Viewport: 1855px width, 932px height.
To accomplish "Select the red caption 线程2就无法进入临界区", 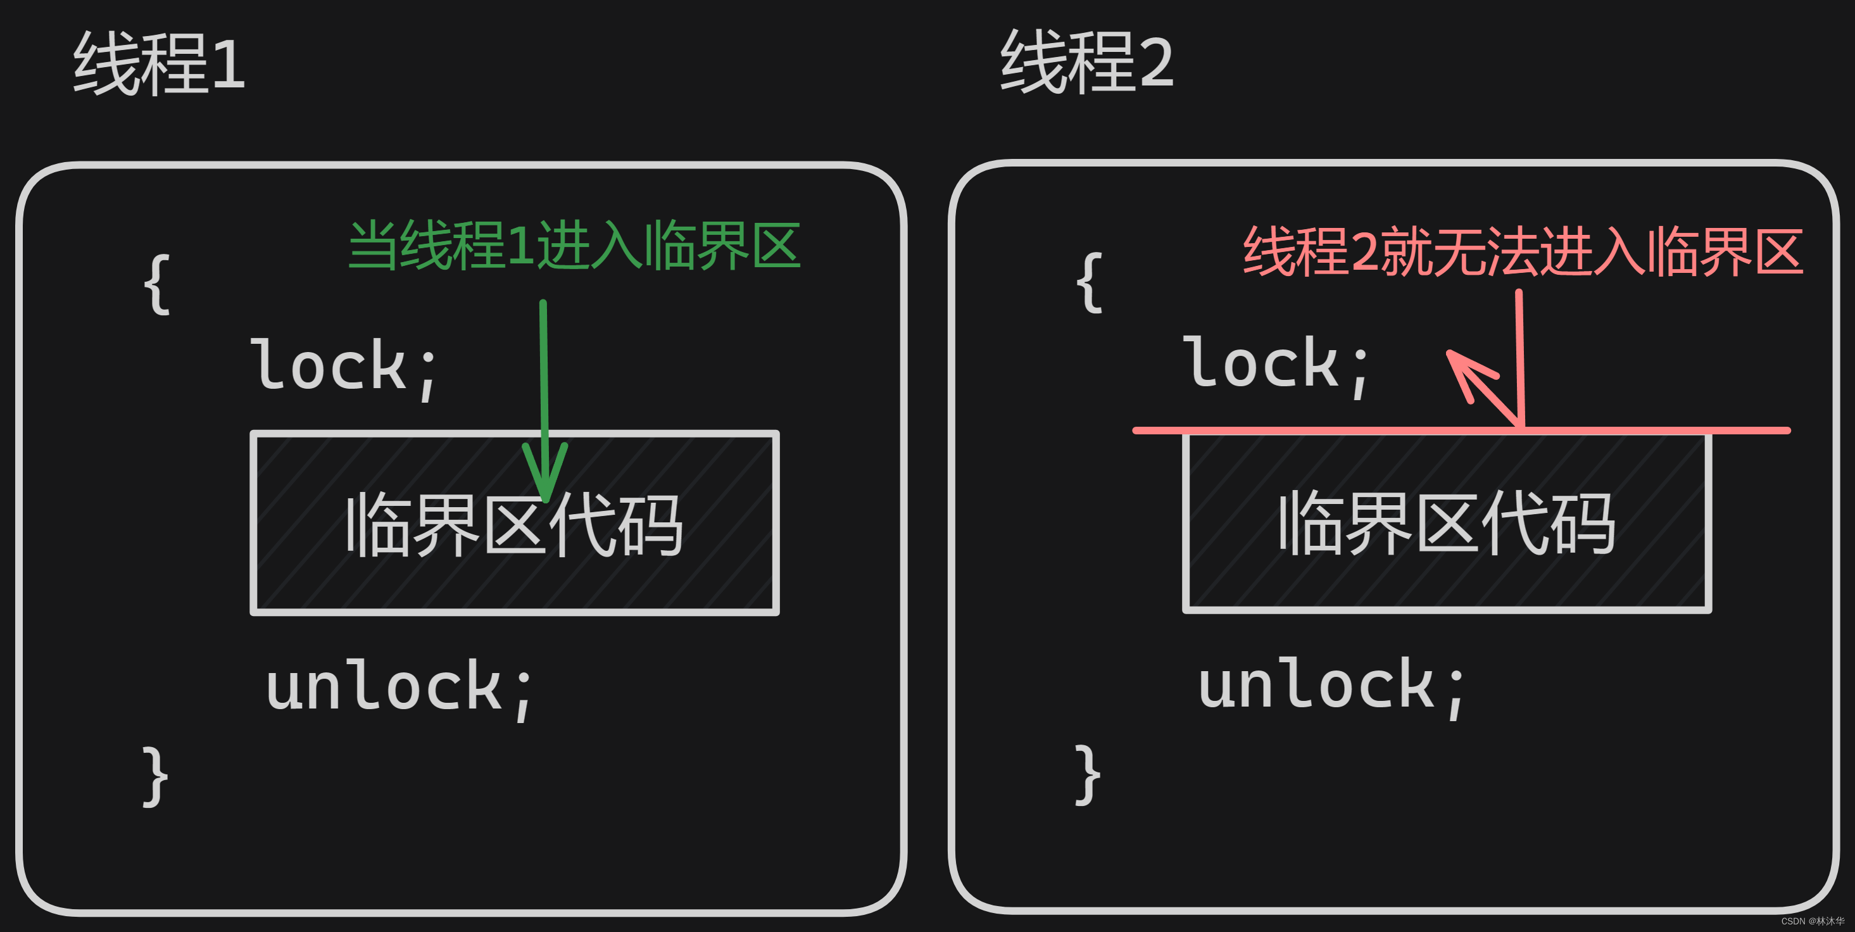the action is (1523, 251).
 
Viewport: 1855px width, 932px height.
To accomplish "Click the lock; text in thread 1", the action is (344, 366).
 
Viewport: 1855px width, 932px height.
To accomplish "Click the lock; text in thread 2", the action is (1276, 365).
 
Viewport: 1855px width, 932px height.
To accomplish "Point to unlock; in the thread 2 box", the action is (1331, 685).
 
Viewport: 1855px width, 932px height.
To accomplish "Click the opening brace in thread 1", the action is (157, 284).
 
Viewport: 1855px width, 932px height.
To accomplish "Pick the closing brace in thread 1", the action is (156, 776).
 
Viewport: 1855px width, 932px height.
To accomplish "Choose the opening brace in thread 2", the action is (1089, 282).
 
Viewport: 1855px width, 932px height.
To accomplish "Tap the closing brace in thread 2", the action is (1088, 775).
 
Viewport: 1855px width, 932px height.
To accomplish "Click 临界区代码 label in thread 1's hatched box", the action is (514, 524).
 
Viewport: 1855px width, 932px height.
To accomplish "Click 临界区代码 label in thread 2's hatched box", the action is (1447, 523).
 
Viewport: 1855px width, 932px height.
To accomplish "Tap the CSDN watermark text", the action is (1812, 921).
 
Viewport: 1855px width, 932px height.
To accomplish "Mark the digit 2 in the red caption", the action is (1364, 252).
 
